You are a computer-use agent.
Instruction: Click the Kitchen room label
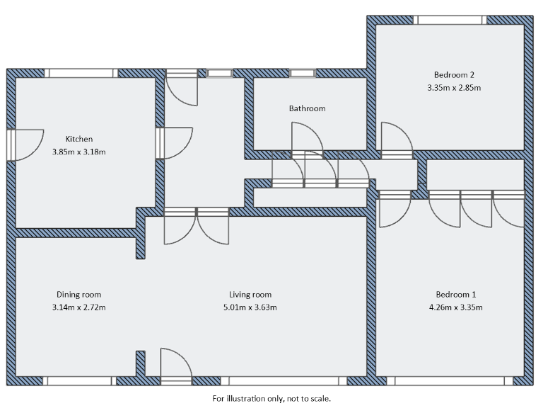pos(79,139)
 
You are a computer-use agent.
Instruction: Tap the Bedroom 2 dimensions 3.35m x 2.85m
pos(453,88)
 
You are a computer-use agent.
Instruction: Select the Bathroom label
pos(307,108)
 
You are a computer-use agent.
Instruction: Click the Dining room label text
pos(78,295)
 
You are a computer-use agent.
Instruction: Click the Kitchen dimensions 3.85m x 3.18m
pos(79,152)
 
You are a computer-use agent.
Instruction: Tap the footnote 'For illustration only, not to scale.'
pos(271,399)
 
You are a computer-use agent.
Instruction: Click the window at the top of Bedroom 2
pos(450,20)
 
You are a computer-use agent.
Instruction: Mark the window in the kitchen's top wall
pos(80,73)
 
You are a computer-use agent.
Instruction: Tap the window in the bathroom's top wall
pos(302,73)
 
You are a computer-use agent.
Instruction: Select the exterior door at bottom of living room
pos(176,367)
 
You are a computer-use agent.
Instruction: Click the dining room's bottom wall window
pos(78,381)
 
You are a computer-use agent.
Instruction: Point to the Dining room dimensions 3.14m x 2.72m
pos(78,307)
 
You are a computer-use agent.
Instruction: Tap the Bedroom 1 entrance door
pos(394,209)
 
